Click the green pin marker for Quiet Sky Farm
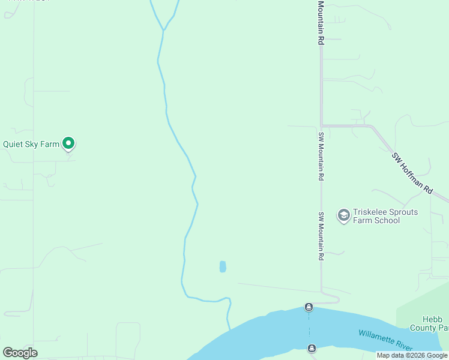[x=68, y=143]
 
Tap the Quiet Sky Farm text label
[x=31, y=144]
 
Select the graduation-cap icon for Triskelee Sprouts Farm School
[x=343, y=215]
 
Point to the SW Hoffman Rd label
[x=412, y=173]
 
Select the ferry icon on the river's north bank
[x=309, y=307]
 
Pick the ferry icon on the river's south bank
[x=312, y=349]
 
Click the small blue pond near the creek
[x=223, y=266]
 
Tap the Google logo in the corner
[x=20, y=352]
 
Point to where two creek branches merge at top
[x=163, y=29]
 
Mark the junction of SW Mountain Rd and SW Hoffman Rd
[x=322, y=125]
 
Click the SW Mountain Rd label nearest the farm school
[x=321, y=236]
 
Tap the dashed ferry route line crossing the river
[x=310, y=328]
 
